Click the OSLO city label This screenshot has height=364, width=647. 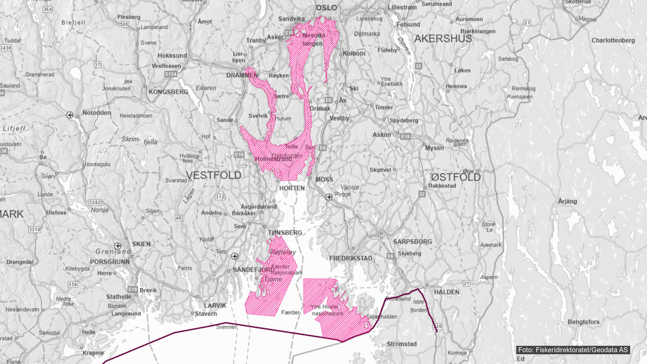(326, 8)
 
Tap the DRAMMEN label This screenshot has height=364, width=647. (242, 75)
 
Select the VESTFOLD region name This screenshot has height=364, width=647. (214, 175)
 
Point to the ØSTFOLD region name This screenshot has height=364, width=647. (456, 177)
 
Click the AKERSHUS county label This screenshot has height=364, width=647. (443, 39)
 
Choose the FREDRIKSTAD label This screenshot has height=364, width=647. (350, 259)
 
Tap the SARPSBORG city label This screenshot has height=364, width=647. (412, 242)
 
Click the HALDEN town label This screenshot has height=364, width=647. (446, 292)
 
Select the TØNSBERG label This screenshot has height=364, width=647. (285, 233)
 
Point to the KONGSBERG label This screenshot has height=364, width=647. (168, 92)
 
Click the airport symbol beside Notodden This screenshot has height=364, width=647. (70, 115)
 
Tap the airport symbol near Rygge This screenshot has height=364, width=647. (329, 197)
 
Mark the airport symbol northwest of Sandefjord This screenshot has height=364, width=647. (235, 256)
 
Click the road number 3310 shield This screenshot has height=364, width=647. (34, 230)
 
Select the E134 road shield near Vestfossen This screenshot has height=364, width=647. (171, 74)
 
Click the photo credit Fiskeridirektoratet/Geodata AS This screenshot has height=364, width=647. (573, 350)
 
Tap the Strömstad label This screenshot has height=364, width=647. (401, 344)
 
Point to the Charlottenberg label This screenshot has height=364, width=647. (613, 40)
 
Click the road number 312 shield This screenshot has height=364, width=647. (220, 197)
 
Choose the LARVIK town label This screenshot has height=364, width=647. (215, 305)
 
